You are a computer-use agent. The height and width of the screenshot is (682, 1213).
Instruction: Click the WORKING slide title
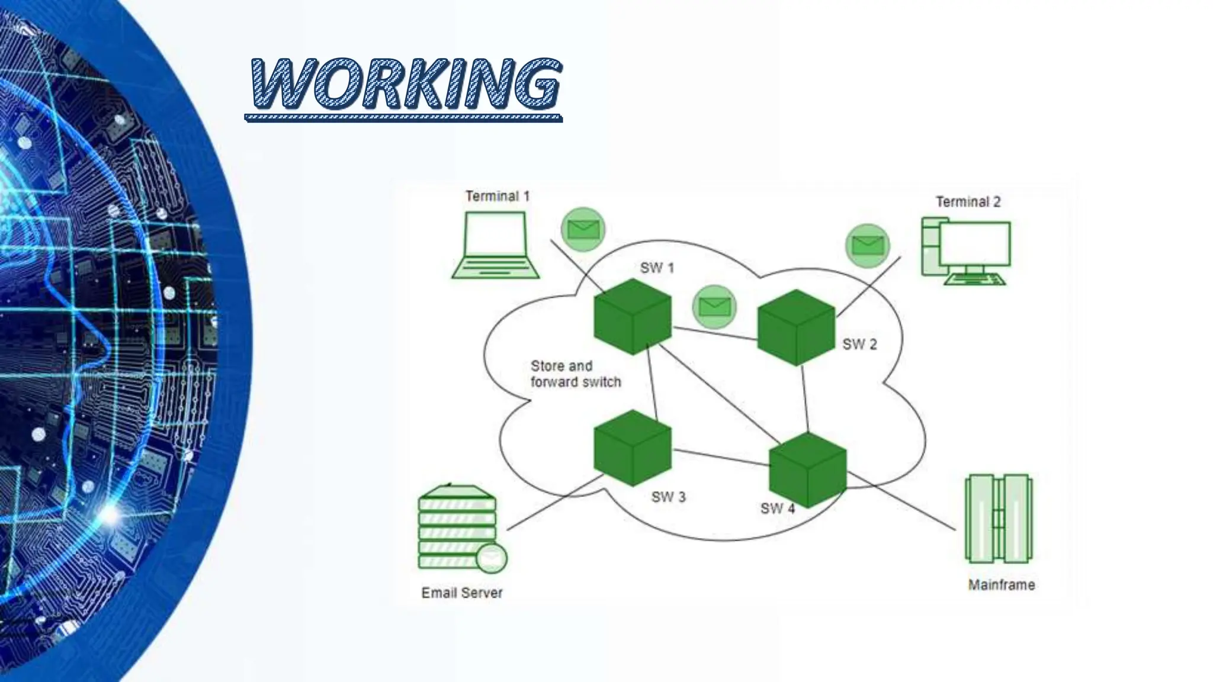click(405, 83)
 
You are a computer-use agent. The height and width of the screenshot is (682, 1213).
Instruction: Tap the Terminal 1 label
click(497, 196)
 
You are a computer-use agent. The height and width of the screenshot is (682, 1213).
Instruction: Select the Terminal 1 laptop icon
click(496, 245)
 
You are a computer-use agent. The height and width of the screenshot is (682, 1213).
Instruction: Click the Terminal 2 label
click(968, 202)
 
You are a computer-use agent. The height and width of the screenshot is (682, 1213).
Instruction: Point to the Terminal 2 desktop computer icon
click(967, 251)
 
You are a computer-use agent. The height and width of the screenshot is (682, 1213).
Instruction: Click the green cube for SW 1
click(633, 317)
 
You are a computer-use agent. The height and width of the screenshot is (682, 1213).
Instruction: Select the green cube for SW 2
click(796, 327)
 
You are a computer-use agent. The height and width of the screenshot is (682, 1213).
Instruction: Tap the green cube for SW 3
click(633, 448)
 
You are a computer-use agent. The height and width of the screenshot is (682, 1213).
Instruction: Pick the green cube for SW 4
click(808, 470)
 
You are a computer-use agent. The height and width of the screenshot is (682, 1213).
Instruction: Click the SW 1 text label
click(657, 268)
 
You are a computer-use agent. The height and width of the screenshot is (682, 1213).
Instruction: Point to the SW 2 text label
click(859, 345)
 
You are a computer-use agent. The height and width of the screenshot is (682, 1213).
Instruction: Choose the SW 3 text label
click(668, 497)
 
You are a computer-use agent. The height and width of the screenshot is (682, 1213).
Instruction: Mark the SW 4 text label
click(777, 509)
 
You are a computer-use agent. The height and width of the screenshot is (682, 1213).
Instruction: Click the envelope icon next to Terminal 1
click(583, 229)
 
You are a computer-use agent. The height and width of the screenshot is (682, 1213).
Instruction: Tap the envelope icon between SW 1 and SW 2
click(714, 307)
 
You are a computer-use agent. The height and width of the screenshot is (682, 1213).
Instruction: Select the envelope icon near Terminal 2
click(867, 245)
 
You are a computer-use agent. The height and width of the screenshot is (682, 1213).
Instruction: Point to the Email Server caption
click(461, 593)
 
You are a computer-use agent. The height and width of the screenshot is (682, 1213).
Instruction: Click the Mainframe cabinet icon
click(999, 519)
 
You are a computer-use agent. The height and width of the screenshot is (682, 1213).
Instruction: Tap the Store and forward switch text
click(575, 374)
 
